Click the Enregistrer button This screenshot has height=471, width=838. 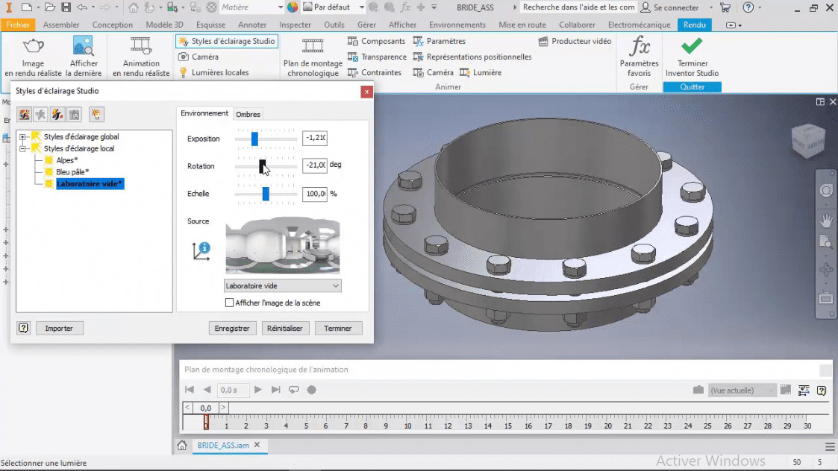coord(233,328)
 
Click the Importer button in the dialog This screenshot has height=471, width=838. coord(59,328)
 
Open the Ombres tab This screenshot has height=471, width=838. coord(248,114)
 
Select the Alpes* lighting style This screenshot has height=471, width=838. coord(66,160)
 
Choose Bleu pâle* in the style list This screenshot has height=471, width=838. coord(72,172)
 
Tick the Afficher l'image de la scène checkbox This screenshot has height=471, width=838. coord(230,303)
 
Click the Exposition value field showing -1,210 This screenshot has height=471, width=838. coord(314,139)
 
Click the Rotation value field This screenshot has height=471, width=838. coord(314,165)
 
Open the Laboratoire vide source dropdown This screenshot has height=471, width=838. coord(283,285)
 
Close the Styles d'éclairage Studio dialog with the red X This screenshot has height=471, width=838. coord(366,92)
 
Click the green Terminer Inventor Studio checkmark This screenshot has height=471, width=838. coord(692,47)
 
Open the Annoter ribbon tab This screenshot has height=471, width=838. coord(252,25)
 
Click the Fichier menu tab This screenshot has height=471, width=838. coord(19,25)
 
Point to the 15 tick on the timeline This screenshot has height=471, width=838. coord(507,426)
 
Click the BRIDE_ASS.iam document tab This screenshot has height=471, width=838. coord(222,445)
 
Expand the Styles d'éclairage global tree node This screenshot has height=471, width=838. coord(23,137)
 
